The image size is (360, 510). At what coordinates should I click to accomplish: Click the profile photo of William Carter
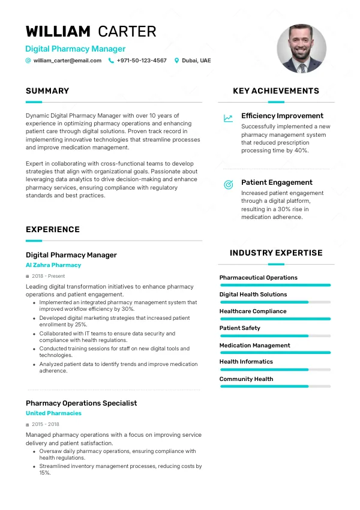[x=301, y=49]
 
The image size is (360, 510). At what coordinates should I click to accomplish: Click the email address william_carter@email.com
[x=67, y=61]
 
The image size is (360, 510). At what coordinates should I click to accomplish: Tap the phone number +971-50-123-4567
[x=142, y=61]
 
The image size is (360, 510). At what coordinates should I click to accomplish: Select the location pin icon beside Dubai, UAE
[x=176, y=61]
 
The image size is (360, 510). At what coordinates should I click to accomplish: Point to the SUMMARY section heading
[x=47, y=91]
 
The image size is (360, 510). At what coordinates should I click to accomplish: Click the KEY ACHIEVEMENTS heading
[x=276, y=91]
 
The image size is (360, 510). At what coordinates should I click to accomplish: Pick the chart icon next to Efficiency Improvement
[x=228, y=118]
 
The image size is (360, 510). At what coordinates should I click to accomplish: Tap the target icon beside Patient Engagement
[x=228, y=185]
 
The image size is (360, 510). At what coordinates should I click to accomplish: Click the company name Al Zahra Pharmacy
[x=53, y=265]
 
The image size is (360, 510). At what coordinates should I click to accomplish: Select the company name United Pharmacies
[x=53, y=413]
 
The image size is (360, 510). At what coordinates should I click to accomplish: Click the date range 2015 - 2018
[x=46, y=424]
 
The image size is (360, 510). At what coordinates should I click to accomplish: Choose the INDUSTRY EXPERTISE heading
[x=276, y=253]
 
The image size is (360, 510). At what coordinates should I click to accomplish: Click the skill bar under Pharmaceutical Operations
[x=275, y=285]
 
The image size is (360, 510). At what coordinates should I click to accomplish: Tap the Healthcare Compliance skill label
[x=253, y=311]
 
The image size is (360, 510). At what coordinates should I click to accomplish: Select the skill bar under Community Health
[x=275, y=386]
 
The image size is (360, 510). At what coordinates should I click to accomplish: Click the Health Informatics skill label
[x=246, y=362]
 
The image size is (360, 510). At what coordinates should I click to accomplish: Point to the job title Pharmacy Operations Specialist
[x=81, y=403]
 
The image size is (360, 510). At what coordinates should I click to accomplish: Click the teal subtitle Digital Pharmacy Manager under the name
[x=75, y=49]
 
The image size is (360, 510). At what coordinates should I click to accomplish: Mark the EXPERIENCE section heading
[x=53, y=230]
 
